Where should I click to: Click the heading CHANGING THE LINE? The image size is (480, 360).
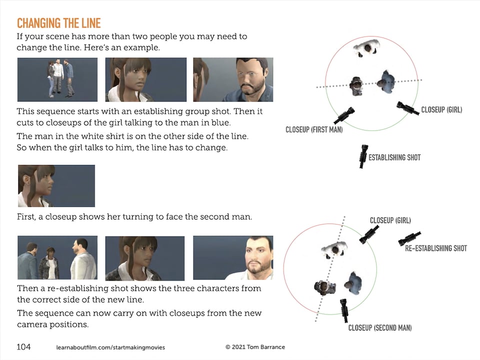point(59,23)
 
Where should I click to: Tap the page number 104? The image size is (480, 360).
point(23,347)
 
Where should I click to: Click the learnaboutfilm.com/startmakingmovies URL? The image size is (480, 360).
point(110,347)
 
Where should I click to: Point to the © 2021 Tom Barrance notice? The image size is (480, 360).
point(255,347)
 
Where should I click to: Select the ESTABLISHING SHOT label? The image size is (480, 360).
point(394,157)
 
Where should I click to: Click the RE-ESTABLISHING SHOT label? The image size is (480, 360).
point(436,248)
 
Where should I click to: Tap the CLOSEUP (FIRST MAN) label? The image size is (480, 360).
point(314,130)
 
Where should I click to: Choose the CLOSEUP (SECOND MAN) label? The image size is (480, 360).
point(380,328)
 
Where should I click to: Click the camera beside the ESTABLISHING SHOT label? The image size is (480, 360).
point(363,156)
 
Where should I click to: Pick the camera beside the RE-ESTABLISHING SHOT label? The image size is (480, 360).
point(409,238)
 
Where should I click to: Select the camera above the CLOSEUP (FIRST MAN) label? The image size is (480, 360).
point(344,115)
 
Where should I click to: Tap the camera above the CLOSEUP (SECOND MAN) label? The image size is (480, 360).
point(344,310)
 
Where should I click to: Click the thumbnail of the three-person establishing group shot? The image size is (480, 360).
point(57,79)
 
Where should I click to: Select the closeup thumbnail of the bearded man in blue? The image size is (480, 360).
point(233,79)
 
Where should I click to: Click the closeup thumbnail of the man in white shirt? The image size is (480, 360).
point(233,258)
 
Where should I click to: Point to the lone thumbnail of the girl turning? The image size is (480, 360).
point(56,186)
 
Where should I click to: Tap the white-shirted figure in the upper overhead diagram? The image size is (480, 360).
point(366,48)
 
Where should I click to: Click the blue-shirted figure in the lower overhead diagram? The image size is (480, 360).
point(353,283)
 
